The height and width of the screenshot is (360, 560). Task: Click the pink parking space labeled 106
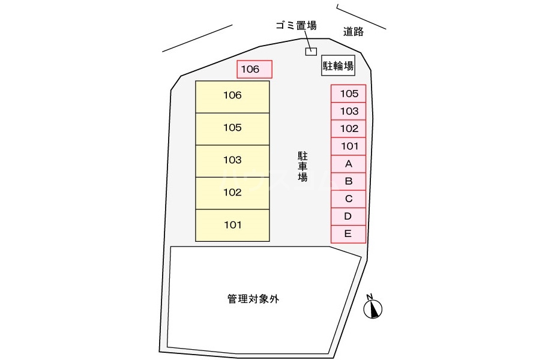click(x=254, y=70)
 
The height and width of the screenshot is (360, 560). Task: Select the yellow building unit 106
click(x=232, y=97)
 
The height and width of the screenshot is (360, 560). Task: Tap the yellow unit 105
click(x=232, y=128)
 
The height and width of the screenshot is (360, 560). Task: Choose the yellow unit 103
click(x=232, y=161)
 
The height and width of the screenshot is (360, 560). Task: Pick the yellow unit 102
click(x=232, y=193)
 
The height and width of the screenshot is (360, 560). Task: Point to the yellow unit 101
click(x=232, y=226)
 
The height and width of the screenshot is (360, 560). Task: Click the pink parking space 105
click(x=348, y=94)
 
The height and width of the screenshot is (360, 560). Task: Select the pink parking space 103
click(x=348, y=111)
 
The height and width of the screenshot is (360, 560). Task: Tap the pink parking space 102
click(x=348, y=128)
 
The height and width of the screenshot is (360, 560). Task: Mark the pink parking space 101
click(x=348, y=146)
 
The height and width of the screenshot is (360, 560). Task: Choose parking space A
click(x=348, y=163)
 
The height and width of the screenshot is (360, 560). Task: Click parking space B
click(x=348, y=181)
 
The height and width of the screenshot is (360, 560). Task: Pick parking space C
click(x=348, y=199)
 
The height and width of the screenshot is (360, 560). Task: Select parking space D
click(x=348, y=216)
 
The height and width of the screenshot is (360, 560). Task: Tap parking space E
click(x=348, y=234)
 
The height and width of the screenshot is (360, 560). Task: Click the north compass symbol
click(x=373, y=308)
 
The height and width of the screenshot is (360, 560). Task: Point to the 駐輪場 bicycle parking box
click(x=338, y=66)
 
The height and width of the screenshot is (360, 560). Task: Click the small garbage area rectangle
click(x=311, y=51)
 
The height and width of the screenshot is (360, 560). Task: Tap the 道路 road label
click(x=354, y=32)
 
